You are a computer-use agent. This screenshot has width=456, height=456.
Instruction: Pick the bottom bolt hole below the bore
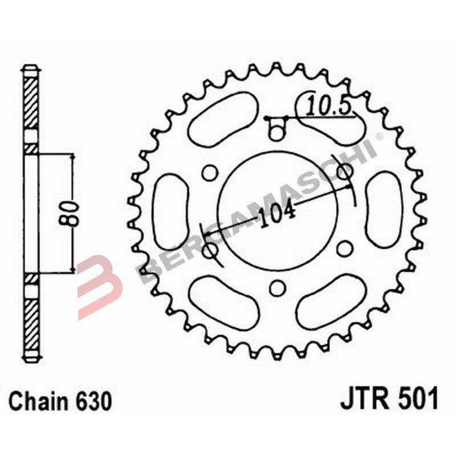tap(277, 288)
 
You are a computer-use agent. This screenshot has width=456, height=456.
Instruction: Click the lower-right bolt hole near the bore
tap(344, 249)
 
